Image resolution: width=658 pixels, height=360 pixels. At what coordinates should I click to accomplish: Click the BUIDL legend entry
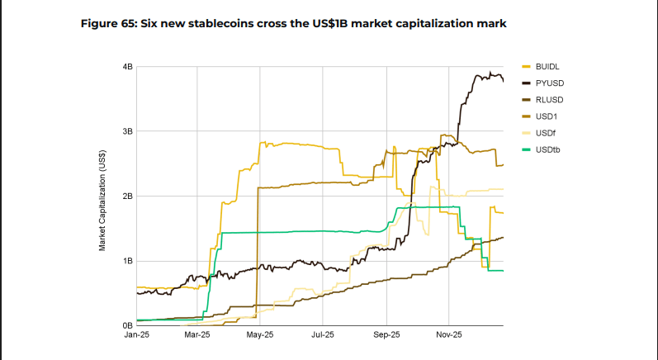coord(541,67)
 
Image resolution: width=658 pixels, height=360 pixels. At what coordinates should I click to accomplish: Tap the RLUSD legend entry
coord(542,100)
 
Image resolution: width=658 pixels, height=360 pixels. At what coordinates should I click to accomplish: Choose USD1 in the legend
coord(540,116)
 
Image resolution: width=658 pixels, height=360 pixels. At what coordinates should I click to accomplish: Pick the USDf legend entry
coord(539,134)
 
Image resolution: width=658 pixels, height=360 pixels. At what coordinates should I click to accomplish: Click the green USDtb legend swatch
coord(526,149)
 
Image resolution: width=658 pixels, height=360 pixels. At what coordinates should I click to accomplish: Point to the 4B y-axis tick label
coord(128,67)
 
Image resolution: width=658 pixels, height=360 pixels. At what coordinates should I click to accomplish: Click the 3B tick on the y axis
coord(128,131)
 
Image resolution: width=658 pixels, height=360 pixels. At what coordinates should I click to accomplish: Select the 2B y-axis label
coord(128,196)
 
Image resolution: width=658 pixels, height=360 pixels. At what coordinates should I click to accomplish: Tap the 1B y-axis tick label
coord(128,261)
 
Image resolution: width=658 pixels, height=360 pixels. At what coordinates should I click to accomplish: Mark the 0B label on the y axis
coord(128,325)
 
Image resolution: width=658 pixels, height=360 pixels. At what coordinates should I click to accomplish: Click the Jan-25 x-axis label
coord(137,335)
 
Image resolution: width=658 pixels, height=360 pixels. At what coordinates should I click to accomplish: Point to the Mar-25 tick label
coord(197,335)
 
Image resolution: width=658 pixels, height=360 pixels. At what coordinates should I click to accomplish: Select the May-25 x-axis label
coord(260,335)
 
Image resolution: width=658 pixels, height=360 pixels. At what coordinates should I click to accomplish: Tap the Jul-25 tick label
coord(323,335)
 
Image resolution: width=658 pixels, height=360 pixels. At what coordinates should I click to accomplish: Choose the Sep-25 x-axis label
coord(386,335)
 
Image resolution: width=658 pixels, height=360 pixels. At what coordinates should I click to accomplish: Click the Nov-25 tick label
coord(448,335)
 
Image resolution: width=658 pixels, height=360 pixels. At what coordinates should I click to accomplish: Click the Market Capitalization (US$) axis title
coord(102,201)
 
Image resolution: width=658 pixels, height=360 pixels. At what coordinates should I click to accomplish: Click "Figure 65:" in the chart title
coord(109,23)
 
